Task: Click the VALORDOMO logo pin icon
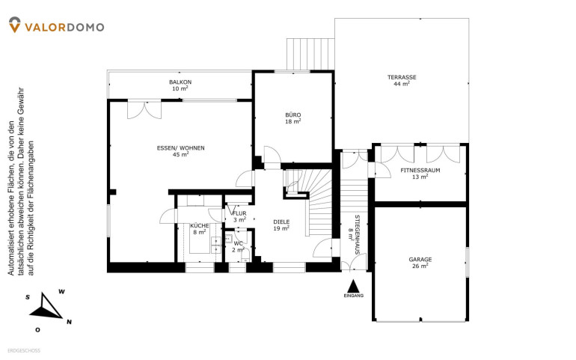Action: click(14, 25)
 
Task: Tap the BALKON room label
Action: click(180, 82)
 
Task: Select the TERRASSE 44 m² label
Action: click(402, 80)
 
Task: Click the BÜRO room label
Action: click(293, 115)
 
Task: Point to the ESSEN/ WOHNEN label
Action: click(181, 148)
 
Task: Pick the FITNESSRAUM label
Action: click(420, 170)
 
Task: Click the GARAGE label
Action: click(420, 259)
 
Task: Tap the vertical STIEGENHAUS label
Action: click(357, 234)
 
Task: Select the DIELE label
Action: click(281, 222)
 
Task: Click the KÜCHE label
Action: click(200, 226)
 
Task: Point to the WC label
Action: click(238, 243)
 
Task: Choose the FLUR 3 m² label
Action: click(239, 216)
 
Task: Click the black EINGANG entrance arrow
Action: click(353, 286)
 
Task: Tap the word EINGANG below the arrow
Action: click(353, 296)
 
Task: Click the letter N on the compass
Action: click(69, 322)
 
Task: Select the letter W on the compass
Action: click(61, 292)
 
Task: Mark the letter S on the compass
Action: click(28, 297)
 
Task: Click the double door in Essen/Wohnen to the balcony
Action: click(144, 109)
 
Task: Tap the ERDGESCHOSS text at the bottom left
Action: click(24, 351)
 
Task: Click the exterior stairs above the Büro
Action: click(310, 54)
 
